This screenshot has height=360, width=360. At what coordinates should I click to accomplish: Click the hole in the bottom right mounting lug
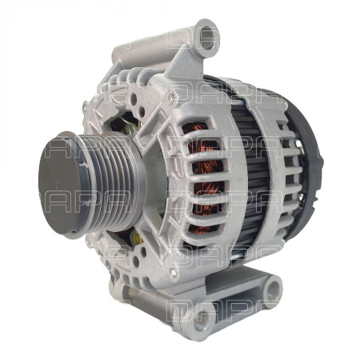pos(272,290)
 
